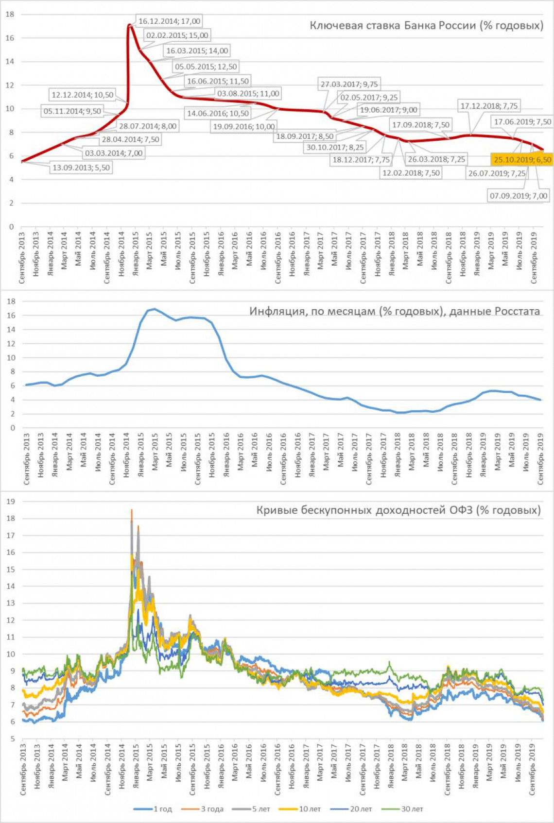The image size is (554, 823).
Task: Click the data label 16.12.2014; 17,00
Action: tap(169, 21)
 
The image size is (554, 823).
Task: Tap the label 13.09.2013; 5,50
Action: tap(81, 168)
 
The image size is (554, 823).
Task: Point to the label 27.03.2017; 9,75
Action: tap(348, 84)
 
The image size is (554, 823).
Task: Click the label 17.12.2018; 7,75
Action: tap(489, 105)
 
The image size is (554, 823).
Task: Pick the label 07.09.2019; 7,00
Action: tap(518, 196)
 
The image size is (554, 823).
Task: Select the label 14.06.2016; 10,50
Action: tap(218, 113)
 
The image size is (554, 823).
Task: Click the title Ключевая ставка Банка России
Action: tap(426, 25)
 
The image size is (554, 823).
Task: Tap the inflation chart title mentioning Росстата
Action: tap(395, 311)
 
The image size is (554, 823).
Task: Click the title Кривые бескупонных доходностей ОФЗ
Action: tap(398, 510)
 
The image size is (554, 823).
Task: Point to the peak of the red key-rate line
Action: tap(129, 25)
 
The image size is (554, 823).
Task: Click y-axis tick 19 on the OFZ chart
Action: tap(10, 501)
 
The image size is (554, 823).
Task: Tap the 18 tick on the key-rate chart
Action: tap(10, 15)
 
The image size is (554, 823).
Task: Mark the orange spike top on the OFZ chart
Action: tap(131, 510)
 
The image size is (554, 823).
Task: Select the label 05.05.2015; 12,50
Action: tap(206, 67)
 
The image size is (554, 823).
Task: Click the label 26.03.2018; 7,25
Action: tap(436, 159)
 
